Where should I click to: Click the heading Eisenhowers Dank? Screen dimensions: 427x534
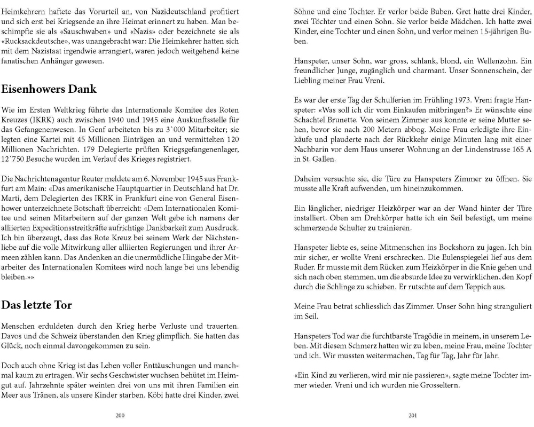click(49, 89)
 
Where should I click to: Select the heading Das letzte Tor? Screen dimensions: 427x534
click(37, 305)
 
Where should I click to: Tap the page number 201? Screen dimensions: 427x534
click(412, 415)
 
